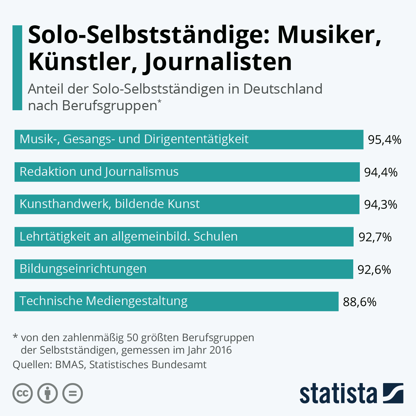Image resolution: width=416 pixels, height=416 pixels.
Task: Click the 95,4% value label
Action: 384,140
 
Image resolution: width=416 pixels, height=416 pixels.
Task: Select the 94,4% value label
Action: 381,172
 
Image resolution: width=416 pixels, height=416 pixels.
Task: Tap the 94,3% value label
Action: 381,205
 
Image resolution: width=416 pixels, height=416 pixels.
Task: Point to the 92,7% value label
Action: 375,237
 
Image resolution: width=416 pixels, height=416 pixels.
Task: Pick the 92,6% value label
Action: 374,269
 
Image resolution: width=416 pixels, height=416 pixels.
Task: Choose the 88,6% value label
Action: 359,302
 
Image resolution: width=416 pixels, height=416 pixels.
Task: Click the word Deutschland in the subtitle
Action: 283,89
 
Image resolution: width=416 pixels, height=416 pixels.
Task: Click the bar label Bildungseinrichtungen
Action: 83,269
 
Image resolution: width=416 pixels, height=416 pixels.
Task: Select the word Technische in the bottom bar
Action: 51,301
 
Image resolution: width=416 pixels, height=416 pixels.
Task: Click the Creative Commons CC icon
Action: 23,393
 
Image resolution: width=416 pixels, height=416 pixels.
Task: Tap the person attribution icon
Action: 47,393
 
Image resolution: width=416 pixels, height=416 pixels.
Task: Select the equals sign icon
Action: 72,393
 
